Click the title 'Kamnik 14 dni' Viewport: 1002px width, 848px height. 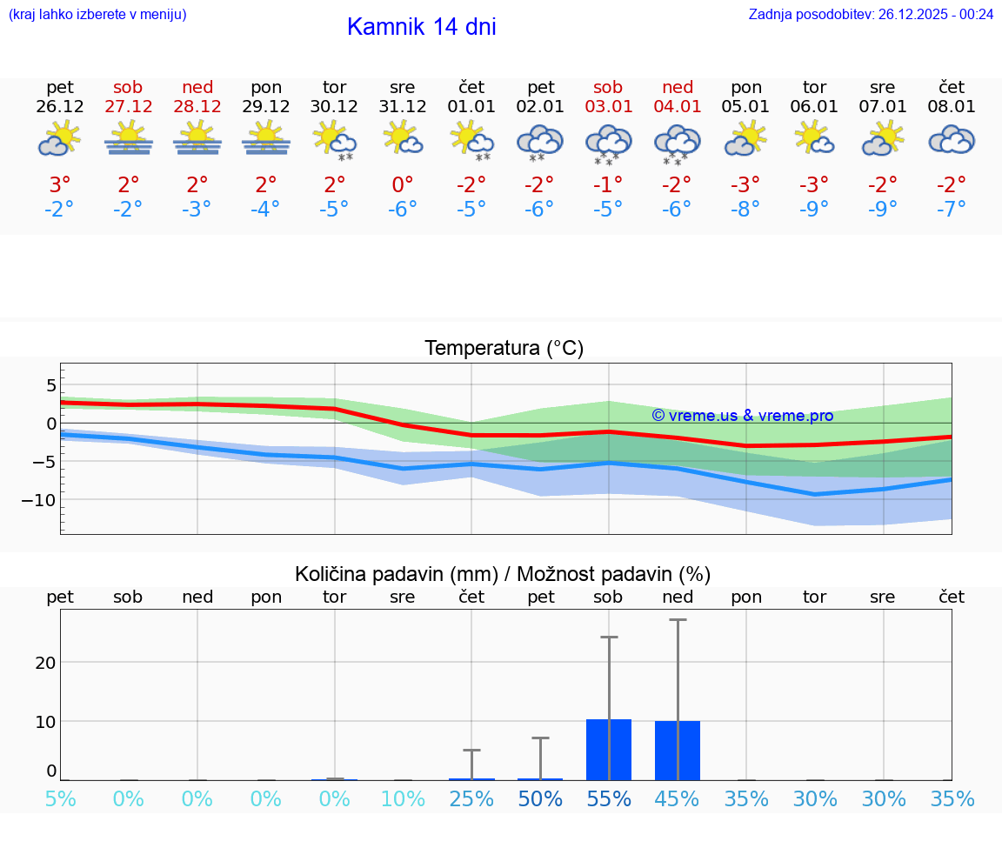coord(421,27)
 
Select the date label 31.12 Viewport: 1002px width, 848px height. coord(403,107)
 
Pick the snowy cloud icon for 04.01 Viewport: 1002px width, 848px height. coord(678,144)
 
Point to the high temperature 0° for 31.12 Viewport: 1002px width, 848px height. coord(403,185)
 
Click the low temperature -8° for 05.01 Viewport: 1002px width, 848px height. coord(746,210)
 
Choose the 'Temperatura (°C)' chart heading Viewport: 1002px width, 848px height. coord(504,348)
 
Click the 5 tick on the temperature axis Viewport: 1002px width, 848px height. coord(50,385)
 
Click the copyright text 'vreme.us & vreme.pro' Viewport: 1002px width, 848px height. coord(743,416)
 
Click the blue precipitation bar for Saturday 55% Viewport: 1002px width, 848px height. coord(609,750)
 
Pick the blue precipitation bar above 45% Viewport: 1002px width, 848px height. coord(678,751)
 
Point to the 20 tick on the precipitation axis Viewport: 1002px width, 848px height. coord(45,662)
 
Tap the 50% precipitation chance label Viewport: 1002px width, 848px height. coord(540,799)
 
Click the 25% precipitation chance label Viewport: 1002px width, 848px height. coord(471,799)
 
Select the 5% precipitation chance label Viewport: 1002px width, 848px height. coord(60,799)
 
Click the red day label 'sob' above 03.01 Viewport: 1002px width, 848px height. coord(608,87)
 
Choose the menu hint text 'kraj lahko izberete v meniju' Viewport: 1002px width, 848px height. coord(97,14)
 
